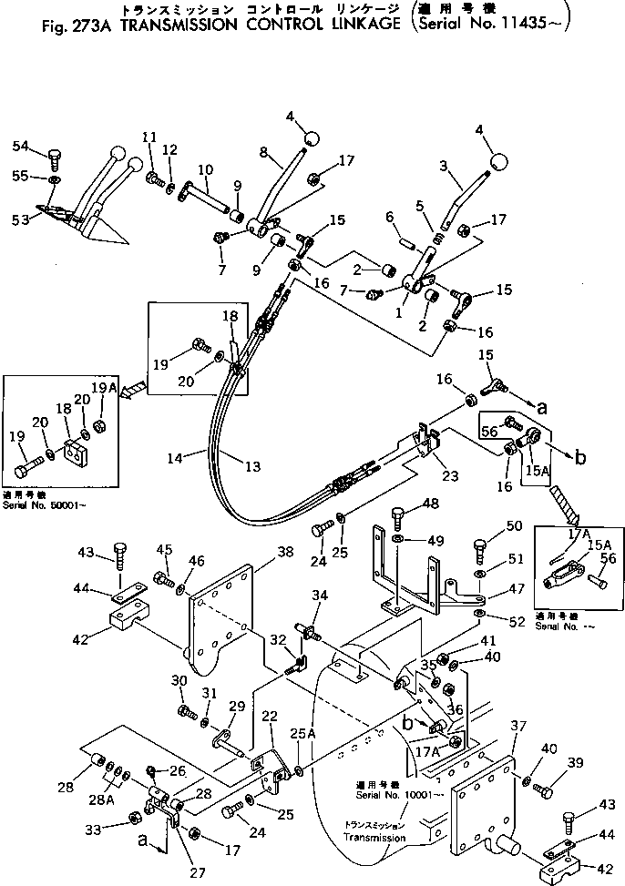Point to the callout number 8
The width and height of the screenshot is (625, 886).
262,151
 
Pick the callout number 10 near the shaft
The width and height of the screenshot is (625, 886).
204,169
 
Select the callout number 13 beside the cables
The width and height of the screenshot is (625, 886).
252,466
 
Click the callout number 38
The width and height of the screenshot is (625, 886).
261,551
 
